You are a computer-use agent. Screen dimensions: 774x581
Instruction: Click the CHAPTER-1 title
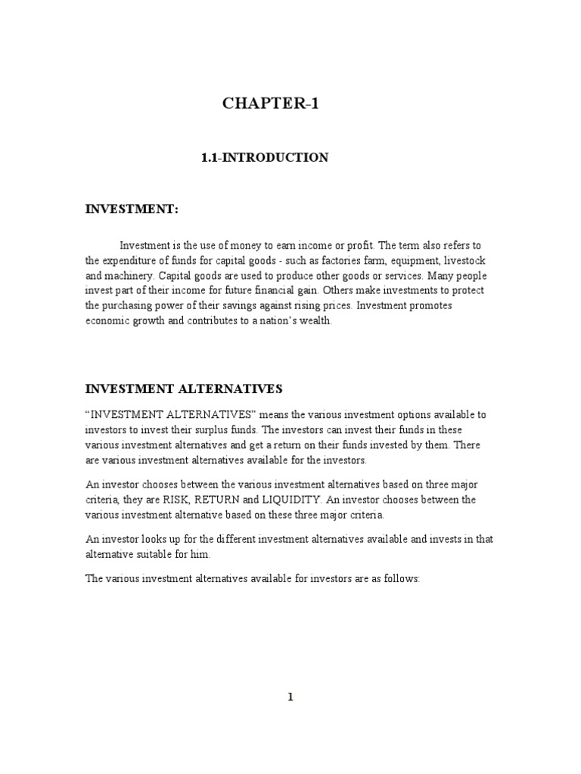click(x=271, y=104)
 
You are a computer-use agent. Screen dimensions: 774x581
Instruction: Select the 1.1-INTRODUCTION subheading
click(x=264, y=158)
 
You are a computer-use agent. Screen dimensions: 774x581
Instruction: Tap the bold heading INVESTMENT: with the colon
click(x=131, y=209)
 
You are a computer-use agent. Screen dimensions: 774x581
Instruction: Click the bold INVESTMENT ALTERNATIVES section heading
click(x=183, y=389)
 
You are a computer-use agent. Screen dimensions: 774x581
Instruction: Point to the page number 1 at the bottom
click(x=290, y=697)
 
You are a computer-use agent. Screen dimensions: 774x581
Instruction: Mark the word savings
click(x=234, y=306)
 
